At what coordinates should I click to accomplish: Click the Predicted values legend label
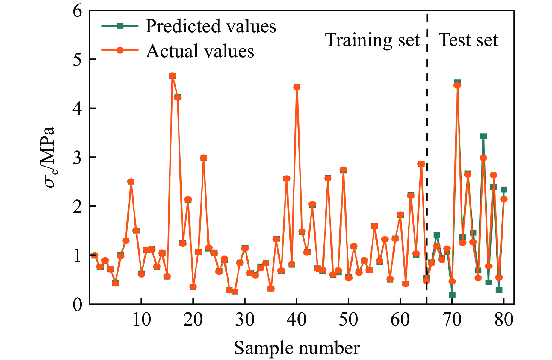(x=211, y=26)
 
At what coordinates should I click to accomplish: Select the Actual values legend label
(x=200, y=51)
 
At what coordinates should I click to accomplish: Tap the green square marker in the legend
(x=120, y=26)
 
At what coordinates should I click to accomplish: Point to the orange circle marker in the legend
(x=120, y=50)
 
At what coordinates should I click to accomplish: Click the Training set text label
(x=372, y=40)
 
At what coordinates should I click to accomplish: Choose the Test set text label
(x=468, y=40)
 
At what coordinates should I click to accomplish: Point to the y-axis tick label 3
(x=77, y=157)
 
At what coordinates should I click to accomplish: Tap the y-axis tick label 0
(x=77, y=305)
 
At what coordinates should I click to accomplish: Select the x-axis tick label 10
(x=141, y=320)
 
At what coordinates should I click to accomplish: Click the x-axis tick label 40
(x=297, y=320)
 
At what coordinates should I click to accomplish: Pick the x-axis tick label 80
(x=504, y=320)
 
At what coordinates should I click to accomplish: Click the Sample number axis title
(x=297, y=348)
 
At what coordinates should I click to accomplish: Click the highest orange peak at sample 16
(x=172, y=76)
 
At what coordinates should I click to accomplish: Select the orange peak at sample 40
(x=297, y=87)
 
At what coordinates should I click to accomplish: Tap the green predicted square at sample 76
(x=483, y=136)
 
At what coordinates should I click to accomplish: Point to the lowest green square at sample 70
(x=452, y=295)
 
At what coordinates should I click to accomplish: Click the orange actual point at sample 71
(x=457, y=85)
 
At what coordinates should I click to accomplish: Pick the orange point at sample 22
(x=203, y=158)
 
